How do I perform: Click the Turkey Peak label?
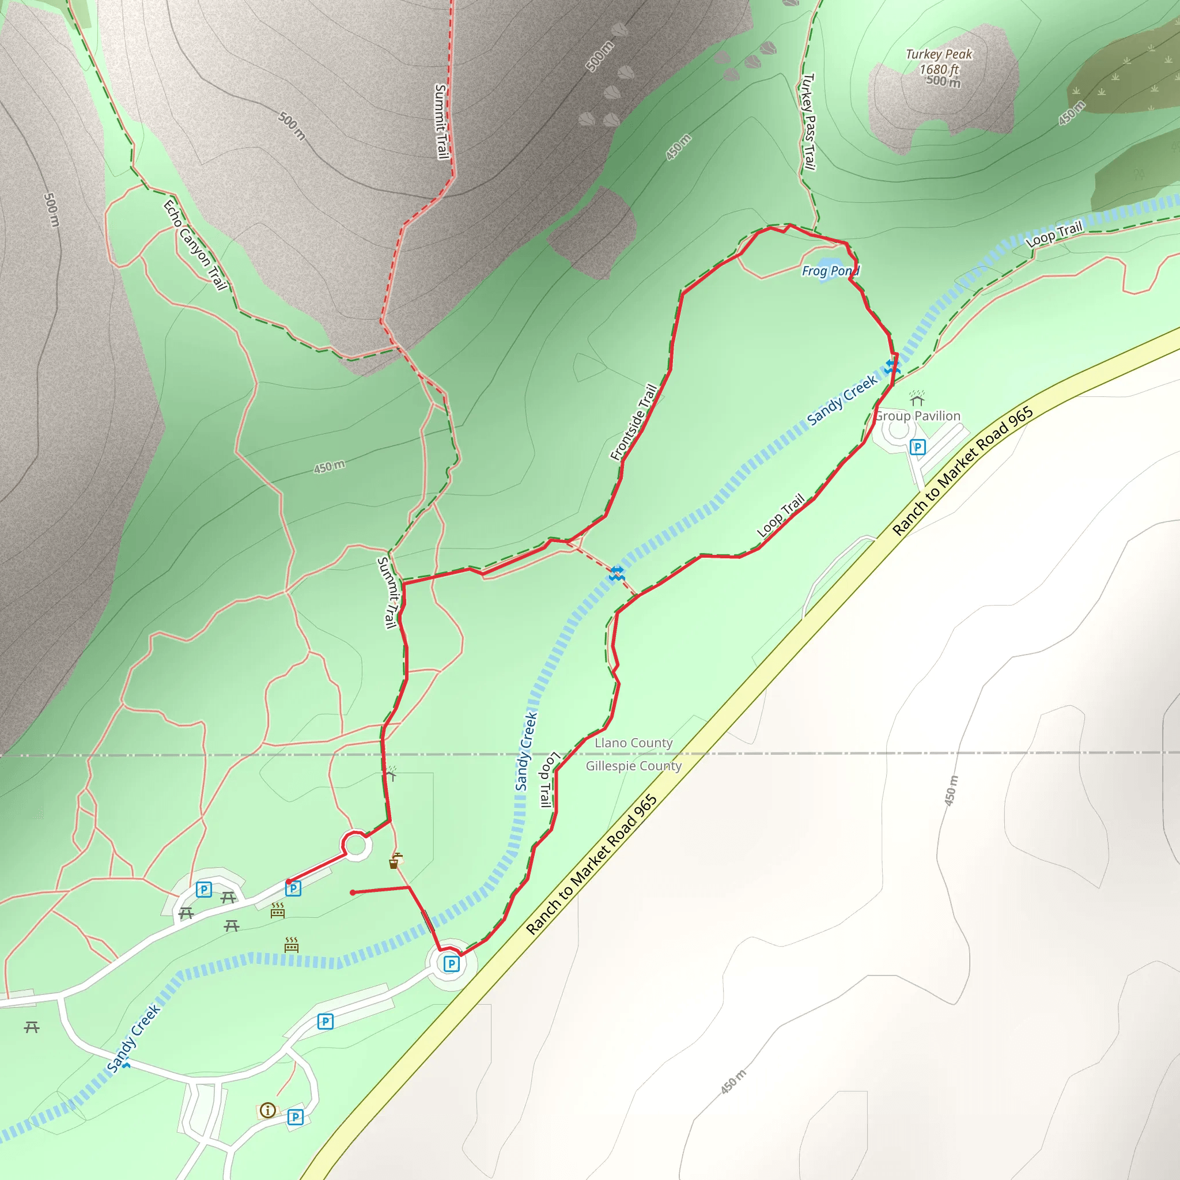[939, 54]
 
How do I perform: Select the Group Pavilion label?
[917, 416]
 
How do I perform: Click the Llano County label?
[633, 743]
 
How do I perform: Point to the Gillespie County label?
[633, 766]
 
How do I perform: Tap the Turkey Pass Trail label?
[808, 122]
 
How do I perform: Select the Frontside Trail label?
[634, 421]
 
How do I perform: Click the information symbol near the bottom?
[267, 1110]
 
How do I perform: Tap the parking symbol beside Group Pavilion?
[917, 447]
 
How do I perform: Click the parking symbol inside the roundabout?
[451, 965]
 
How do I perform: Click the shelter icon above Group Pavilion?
[917, 398]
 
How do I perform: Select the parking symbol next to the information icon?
[296, 1117]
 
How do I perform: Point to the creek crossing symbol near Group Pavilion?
[892, 366]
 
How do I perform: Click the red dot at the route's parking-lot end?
[289, 882]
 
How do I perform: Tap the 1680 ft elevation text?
[939, 69]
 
